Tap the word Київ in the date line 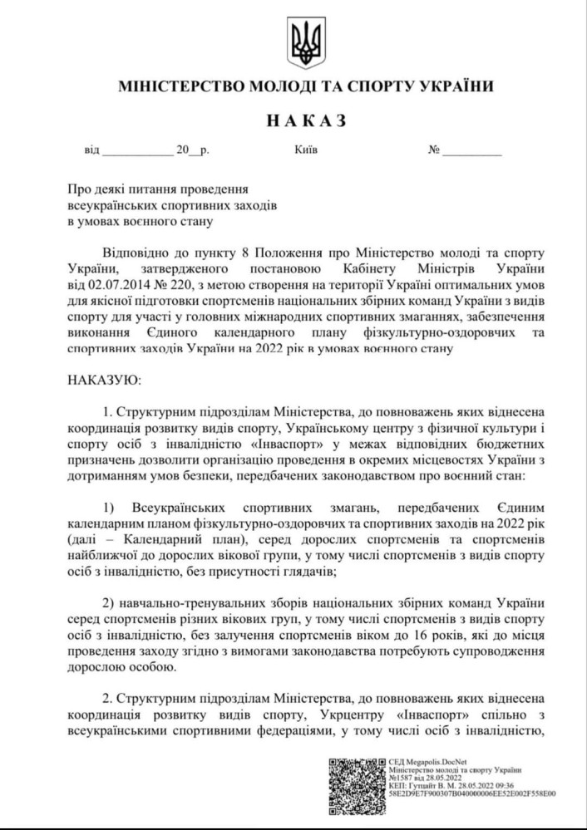click(x=306, y=152)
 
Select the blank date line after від click(x=135, y=152)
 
